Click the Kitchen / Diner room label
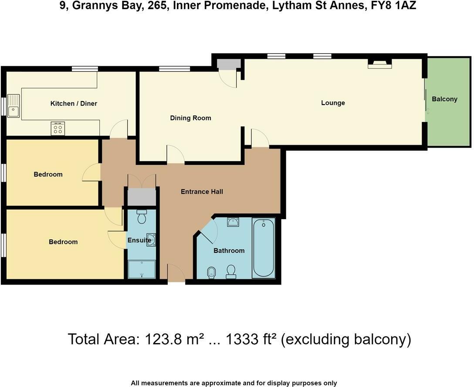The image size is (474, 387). point(74,103)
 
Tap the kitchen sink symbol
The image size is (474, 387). point(13,106)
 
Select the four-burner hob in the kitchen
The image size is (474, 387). point(58,128)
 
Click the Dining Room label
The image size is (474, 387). point(190,118)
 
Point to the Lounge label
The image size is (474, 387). point(333,103)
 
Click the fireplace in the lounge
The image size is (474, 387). point(380,64)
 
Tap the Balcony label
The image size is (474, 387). point(444,99)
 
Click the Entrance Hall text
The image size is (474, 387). point(202,191)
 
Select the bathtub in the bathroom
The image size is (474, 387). point(264,248)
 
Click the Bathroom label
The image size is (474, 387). point(229,251)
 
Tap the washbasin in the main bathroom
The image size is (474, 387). point(233,222)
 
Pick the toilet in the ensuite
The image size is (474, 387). point(142,217)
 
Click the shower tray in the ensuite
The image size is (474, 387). point(142,269)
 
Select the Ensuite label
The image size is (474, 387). point(139,240)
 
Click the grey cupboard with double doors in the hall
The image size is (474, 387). point(141,197)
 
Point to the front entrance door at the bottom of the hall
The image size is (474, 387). point(176,273)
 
